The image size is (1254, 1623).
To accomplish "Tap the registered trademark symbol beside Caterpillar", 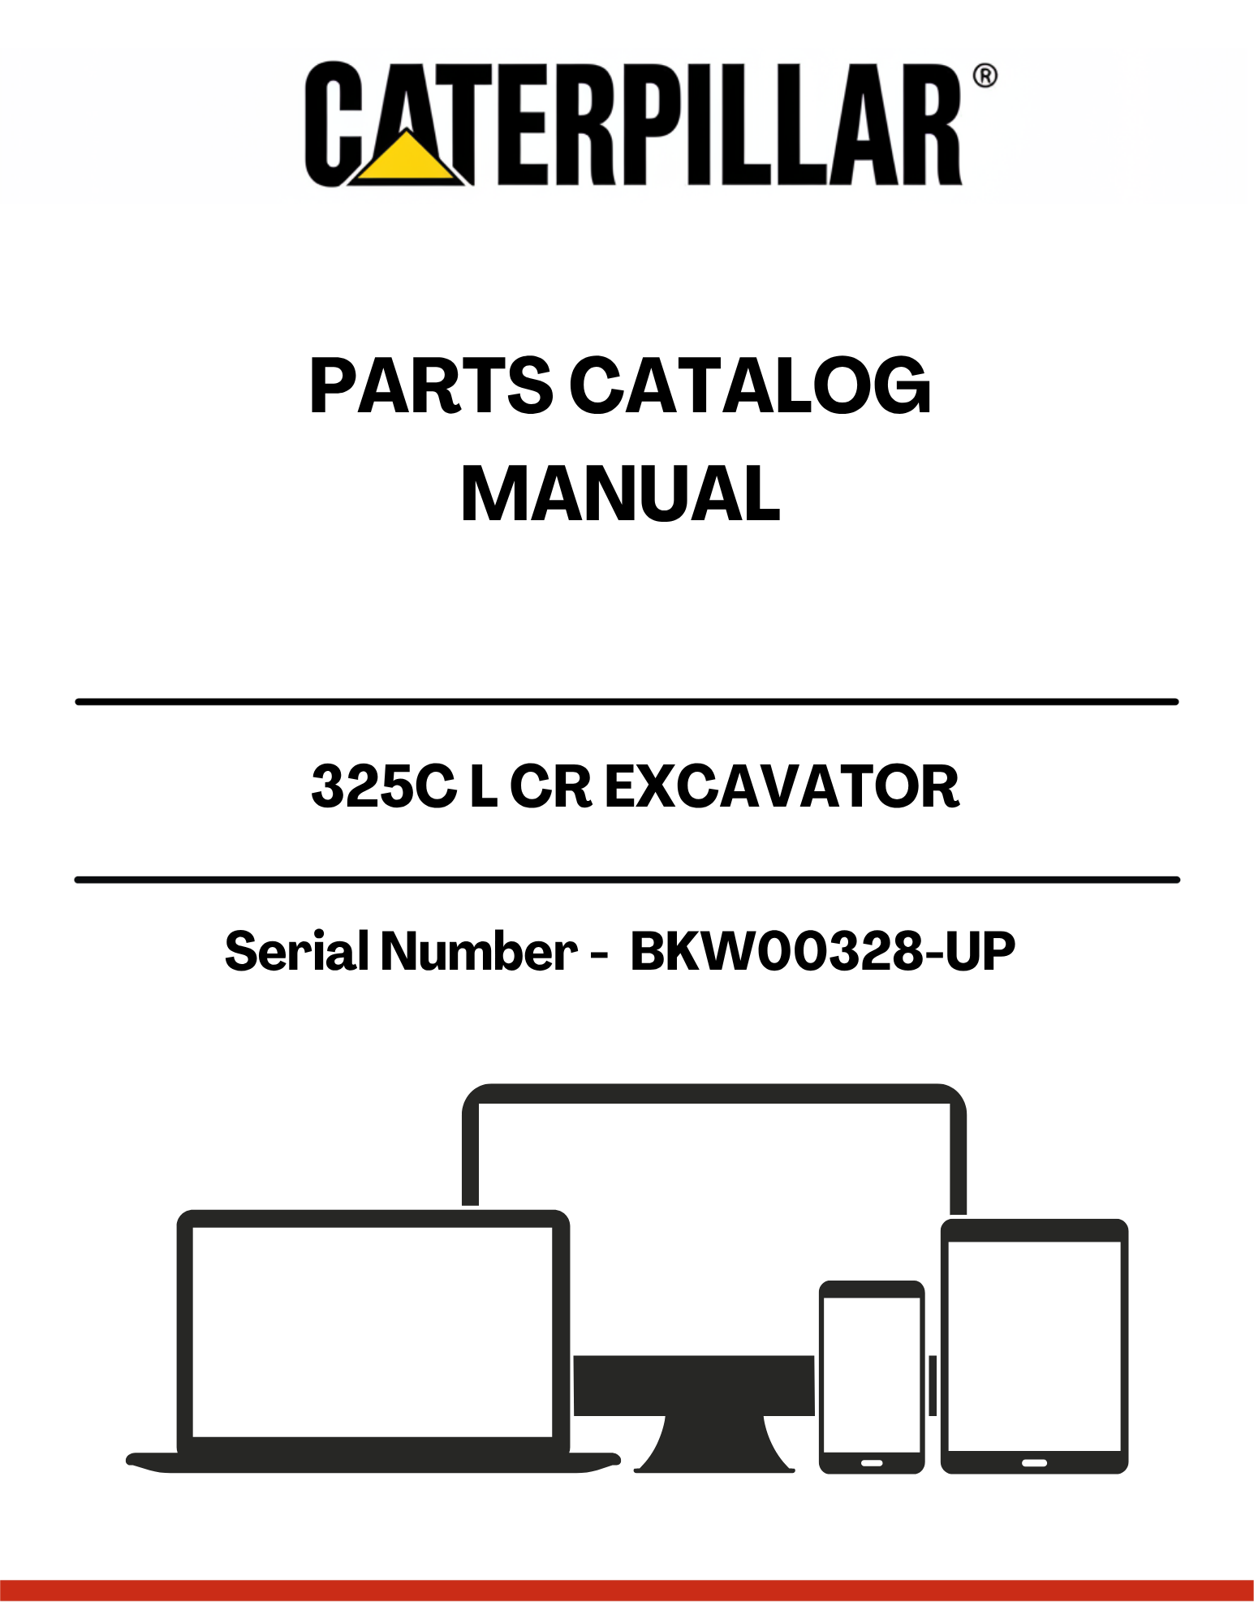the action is (x=985, y=76).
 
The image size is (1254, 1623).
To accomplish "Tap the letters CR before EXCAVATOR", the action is (x=551, y=786).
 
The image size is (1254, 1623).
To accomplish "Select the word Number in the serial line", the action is (x=479, y=950).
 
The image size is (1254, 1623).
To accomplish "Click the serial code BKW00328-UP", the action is (x=822, y=950).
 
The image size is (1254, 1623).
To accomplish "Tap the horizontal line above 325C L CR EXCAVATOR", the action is (x=627, y=701).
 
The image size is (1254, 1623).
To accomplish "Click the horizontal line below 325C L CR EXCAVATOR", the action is (x=627, y=880).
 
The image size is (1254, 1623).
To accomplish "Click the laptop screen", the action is (x=373, y=1332).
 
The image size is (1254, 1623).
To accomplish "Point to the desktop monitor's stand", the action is (x=713, y=1444).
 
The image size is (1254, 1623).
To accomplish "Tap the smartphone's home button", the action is (x=872, y=1462).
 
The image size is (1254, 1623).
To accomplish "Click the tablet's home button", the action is (x=1034, y=1462).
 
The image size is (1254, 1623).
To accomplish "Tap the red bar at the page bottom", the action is (x=627, y=1590).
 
